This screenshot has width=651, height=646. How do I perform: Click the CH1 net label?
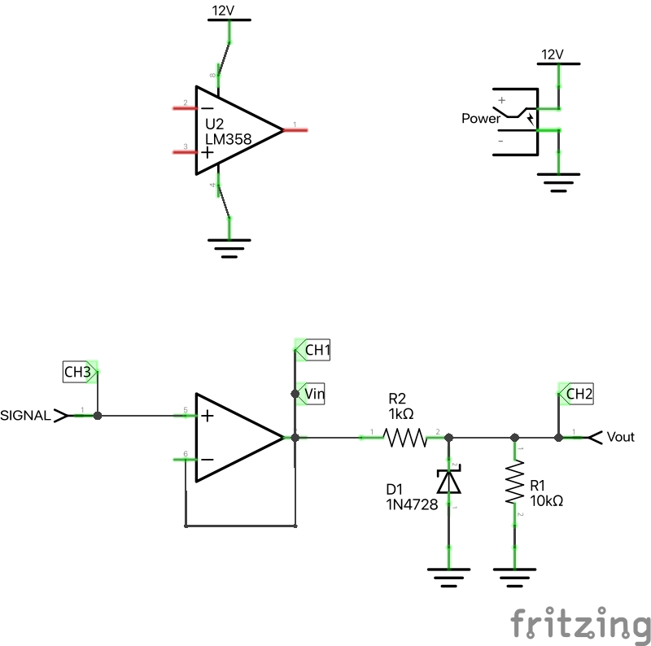316,351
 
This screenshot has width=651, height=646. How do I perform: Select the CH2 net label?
579,395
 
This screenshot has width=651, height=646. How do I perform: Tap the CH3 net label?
77,373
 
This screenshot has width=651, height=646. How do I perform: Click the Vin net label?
314,395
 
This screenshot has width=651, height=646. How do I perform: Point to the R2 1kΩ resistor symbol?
405,438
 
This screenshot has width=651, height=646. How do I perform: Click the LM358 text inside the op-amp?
229,140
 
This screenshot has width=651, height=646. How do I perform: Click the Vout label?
620,437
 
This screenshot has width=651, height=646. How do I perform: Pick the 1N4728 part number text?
412,504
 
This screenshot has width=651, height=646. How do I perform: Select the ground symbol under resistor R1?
514,578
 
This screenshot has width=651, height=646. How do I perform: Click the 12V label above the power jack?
553,55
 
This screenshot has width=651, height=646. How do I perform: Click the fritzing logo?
581,625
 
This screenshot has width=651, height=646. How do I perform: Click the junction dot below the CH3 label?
98,415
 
